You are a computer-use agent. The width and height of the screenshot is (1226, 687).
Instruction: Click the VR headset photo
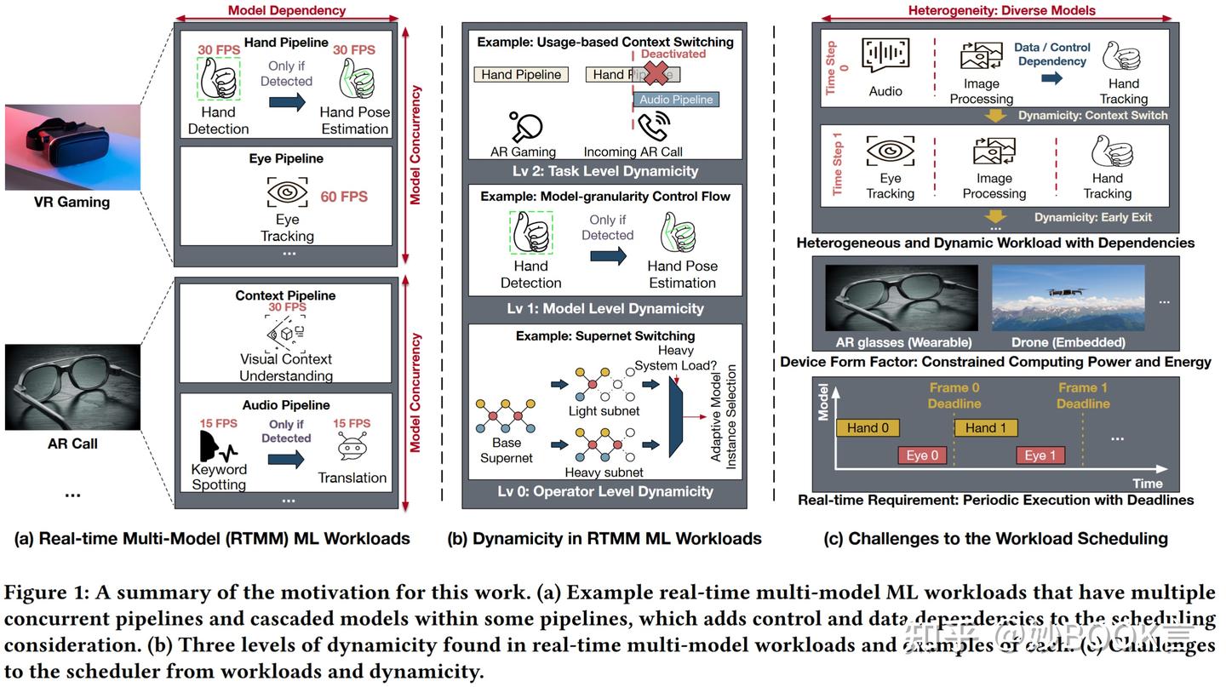click(72, 146)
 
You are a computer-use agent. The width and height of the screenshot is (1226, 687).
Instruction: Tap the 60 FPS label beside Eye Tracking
click(344, 197)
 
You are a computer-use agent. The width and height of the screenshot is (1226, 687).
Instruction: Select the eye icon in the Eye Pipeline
click(287, 193)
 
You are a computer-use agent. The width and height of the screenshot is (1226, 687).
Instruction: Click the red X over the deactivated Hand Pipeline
click(656, 74)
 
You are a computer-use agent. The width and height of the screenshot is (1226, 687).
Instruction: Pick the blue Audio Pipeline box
click(676, 100)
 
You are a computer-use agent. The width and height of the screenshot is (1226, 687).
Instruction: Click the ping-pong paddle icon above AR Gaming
click(525, 127)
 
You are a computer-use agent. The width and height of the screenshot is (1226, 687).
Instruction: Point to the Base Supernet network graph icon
click(506, 415)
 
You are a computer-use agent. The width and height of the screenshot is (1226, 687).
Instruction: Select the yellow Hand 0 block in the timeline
click(868, 428)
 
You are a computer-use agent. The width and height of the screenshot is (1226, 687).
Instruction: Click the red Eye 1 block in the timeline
click(1040, 455)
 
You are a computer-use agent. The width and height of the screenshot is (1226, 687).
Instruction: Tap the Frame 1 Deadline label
click(1083, 395)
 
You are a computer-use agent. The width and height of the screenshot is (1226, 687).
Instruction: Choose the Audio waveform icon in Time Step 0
click(885, 55)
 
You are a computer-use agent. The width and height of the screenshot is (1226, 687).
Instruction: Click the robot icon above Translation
click(351, 449)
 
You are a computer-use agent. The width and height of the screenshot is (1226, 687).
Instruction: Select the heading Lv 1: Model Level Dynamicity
click(605, 308)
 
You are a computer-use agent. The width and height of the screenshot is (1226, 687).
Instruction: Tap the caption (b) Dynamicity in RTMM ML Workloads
click(604, 538)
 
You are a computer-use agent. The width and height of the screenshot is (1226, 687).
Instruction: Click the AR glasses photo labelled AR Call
click(72, 387)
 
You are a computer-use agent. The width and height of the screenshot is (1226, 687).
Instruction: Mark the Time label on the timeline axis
click(1147, 484)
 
